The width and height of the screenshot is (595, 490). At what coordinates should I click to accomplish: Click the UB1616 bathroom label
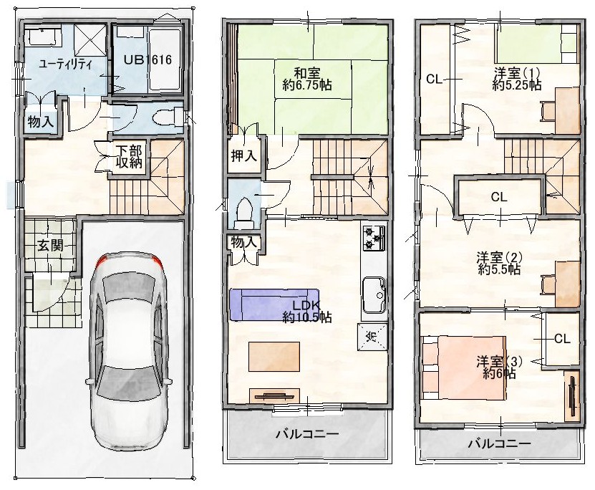(x=148, y=59)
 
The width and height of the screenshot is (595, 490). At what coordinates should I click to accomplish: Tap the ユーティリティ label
(x=65, y=64)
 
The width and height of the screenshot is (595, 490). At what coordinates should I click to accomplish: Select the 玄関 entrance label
(x=50, y=246)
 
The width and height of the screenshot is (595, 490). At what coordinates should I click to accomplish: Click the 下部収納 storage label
(x=129, y=157)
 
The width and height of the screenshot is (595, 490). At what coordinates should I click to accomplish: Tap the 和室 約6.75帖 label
(x=307, y=79)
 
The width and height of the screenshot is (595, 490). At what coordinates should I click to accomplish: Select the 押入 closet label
(x=244, y=155)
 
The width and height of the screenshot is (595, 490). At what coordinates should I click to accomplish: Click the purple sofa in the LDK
(x=274, y=304)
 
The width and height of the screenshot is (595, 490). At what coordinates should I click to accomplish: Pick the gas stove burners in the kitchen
(x=374, y=238)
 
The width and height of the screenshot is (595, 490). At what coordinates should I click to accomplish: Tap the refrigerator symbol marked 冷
(x=372, y=336)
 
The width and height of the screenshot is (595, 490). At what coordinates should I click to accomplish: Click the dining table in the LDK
(x=274, y=356)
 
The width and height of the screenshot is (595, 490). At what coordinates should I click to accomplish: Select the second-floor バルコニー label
(x=307, y=433)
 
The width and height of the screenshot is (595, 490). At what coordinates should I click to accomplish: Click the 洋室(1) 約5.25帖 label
(x=517, y=79)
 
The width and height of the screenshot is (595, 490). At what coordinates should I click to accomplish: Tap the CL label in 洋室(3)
(x=562, y=339)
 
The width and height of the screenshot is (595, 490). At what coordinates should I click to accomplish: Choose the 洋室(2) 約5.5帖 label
(x=499, y=263)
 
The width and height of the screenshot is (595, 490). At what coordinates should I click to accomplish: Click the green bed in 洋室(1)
(x=537, y=42)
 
